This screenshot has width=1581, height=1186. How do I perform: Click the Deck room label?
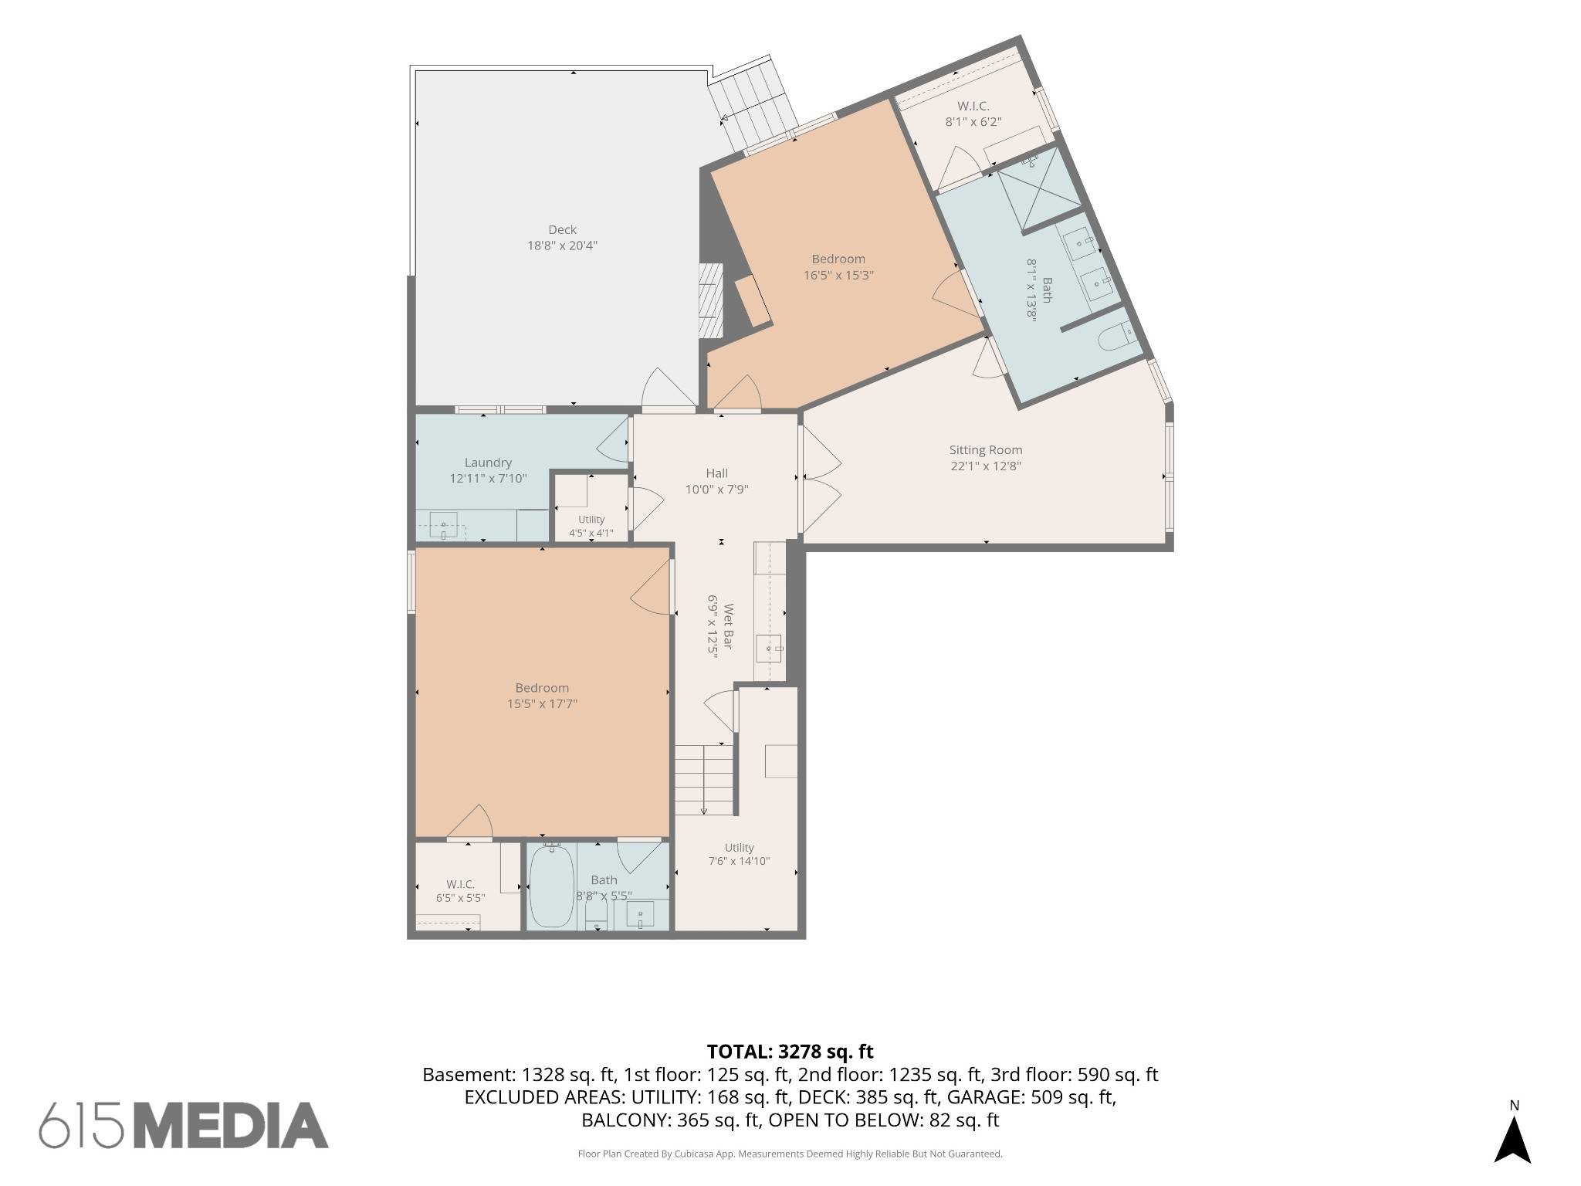[562, 229]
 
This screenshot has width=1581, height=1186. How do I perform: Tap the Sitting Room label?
[986, 449]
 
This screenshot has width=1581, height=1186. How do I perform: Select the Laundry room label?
[488, 463]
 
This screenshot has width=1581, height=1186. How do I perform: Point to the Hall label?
[716, 473]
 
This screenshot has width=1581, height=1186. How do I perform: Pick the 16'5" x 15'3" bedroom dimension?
[838, 275]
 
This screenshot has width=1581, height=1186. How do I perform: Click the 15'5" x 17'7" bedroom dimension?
[542, 703]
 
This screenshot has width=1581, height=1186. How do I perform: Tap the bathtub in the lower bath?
[551, 887]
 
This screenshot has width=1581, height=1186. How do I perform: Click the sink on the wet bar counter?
[768, 648]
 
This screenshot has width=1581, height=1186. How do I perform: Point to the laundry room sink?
[443, 524]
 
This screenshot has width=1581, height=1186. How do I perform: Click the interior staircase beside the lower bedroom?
[704, 779]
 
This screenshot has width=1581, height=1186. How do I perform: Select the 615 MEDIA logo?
[184, 1125]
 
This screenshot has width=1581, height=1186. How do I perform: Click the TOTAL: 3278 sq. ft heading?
[790, 1051]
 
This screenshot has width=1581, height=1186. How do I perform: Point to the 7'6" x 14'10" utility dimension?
[739, 861]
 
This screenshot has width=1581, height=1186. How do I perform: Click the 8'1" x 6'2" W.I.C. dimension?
[973, 121]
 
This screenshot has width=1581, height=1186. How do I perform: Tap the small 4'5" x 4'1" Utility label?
[591, 526]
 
